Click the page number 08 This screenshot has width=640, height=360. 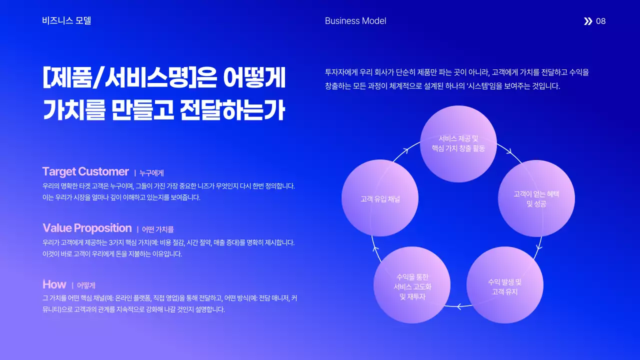[x=600, y=21]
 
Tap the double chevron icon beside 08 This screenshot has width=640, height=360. [x=588, y=21]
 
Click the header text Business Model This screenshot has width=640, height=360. [x=355, y=21]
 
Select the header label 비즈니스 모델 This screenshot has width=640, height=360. [x=66, y=21]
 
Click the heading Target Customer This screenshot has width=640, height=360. [x=85, y=171]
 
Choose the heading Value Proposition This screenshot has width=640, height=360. [x=87, y=228]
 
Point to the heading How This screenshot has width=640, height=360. [x=54, y=284]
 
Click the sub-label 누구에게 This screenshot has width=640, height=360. [x=151, y=173]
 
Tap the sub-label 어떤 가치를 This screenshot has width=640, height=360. [x=157, y=229]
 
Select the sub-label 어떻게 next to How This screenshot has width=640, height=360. [x=86, y=286]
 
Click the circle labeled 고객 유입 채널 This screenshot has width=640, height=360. [x=380, y=198]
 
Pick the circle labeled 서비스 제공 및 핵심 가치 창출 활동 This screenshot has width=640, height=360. [x=458, y=143]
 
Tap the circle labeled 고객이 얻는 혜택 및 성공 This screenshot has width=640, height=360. [x=536, y=198]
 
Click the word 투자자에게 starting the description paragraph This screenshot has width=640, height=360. [x=341, y=72]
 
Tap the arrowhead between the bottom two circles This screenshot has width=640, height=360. [x=458, y=306]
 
